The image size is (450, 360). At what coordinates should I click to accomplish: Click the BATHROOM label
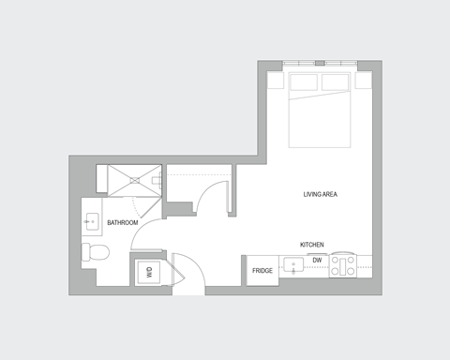click(x=123, y=222)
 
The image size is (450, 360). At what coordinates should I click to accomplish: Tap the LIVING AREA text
click(x=320, y=194)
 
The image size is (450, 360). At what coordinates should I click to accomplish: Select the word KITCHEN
click(x=312, y=245)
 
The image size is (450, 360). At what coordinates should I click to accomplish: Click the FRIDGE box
click(x=262, y=271)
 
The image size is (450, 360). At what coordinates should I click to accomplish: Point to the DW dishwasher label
click(x=317, y=260)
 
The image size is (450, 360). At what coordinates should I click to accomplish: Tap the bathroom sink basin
click(x=93, y=222)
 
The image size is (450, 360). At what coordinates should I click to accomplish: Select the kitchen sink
click(x=294, y=265)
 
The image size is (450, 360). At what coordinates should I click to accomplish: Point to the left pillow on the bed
click(x=304, y=83)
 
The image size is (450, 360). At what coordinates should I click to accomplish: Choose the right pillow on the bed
click(x=336, y=83)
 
